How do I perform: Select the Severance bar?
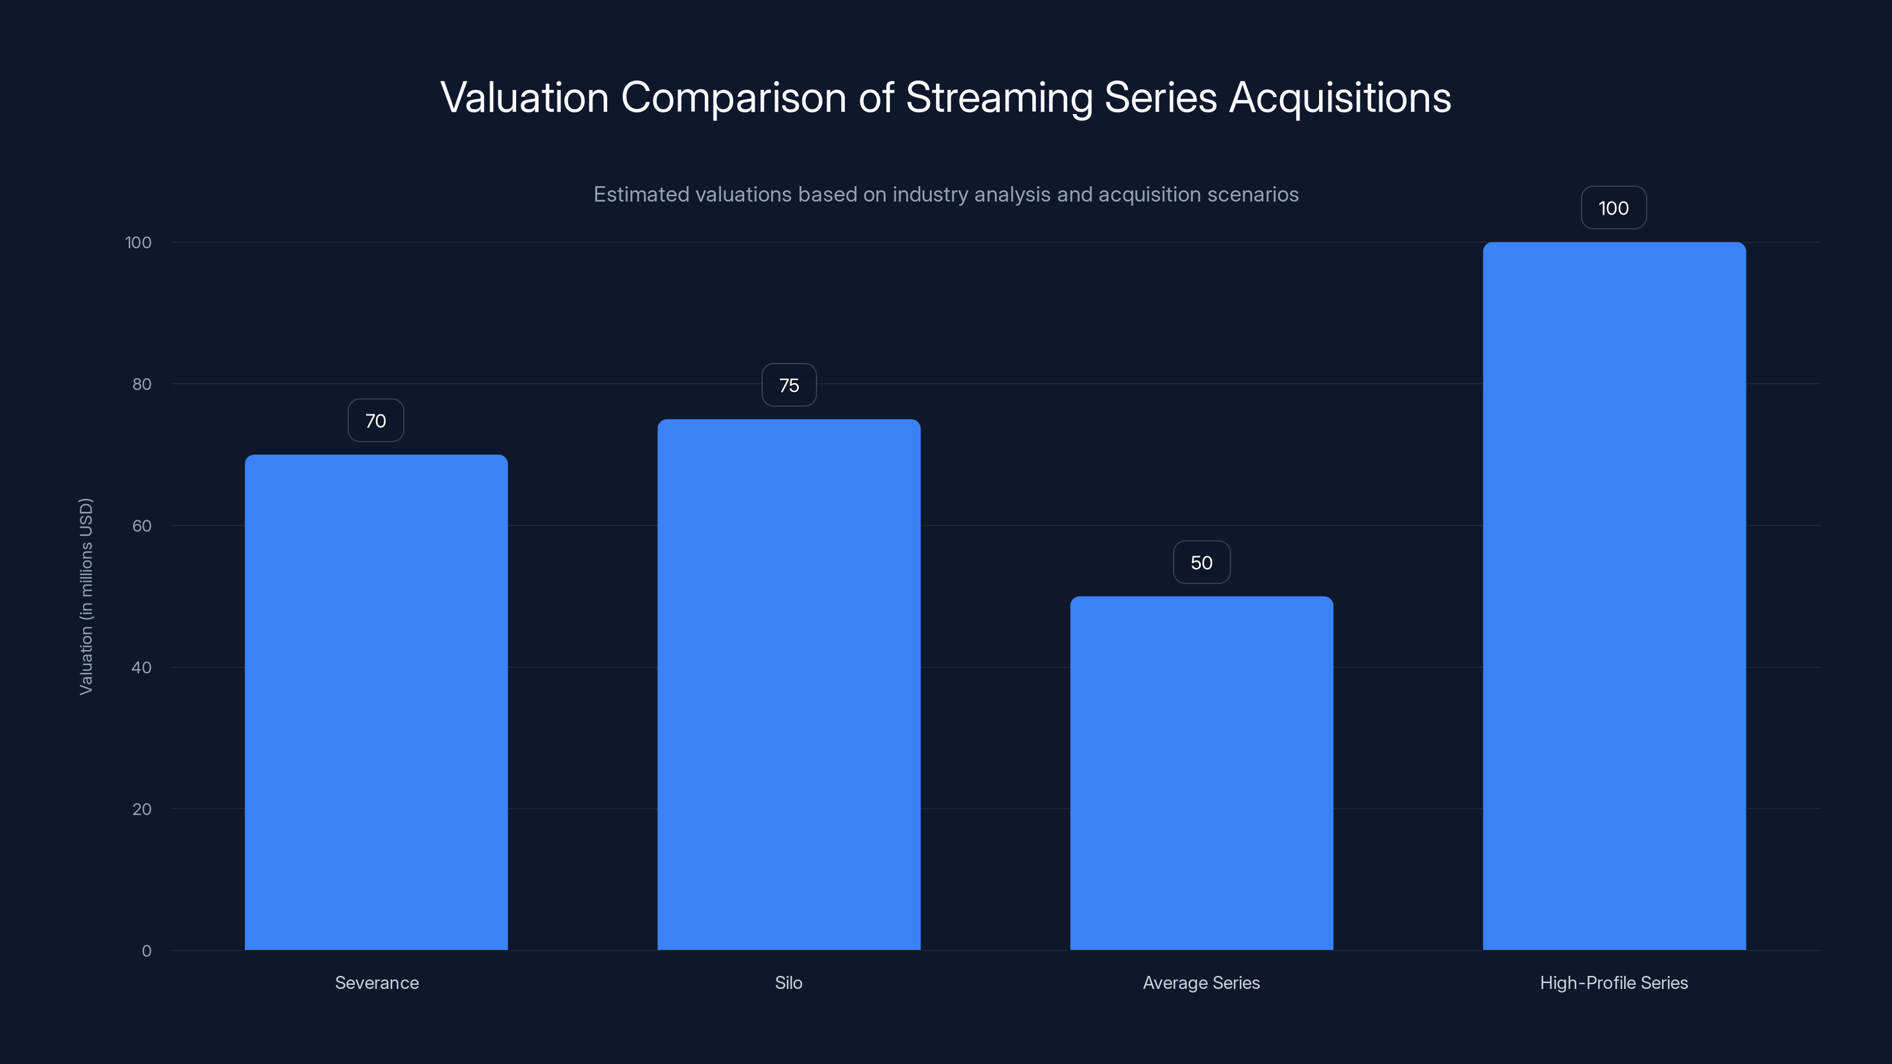(x=376, y=702)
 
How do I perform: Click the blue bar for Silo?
(x=789, y=685)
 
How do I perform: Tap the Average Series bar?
(x=1201, y=773)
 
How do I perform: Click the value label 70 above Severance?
(x=375, y=421)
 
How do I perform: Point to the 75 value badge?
(x=789, y=385)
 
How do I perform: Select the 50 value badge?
(x=1201, y=563)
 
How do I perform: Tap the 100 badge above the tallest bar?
(x=1614, y=209)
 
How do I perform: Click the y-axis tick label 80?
(x=142, y=384)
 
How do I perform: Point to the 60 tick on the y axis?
(x=142, y=525)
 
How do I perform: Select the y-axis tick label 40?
(x=142, y=667)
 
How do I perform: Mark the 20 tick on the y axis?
(x=142, y=809)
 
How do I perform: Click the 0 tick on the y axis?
(x=147, y=951)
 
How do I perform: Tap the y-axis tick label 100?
(x=138, y=242)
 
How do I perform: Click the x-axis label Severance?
(x=377, y=982)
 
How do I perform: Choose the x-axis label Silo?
(x=789, y=982)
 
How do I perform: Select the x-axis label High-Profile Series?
(x=1614, y=982)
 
